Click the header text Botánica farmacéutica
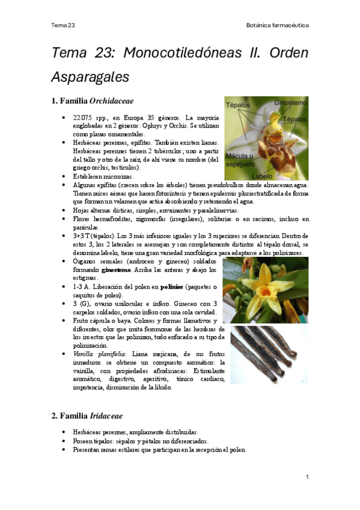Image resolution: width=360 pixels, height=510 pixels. coord(278,25)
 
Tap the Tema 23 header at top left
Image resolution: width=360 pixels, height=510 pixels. coord(63,25)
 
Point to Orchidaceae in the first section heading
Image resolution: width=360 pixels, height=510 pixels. coord(111,101)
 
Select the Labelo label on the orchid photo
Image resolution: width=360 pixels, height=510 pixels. coord(262,176)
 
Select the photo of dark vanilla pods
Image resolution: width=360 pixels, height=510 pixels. coord(269,354)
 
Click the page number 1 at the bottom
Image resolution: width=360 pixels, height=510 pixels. coord(307,477)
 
